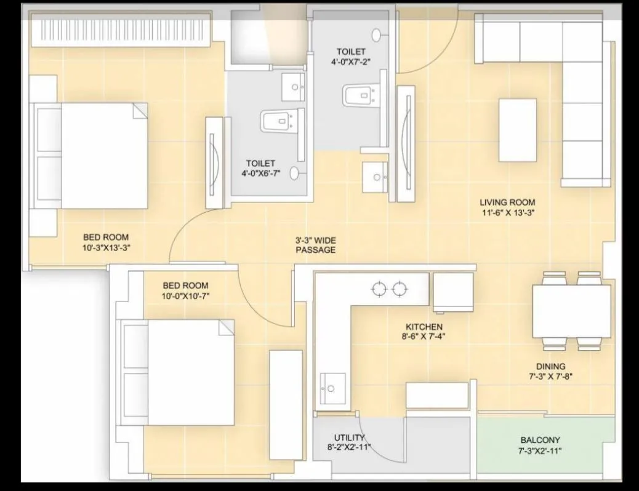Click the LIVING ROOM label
point(507,202)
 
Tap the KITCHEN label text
point(424,327)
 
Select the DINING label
point(550,367)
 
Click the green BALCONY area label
point(540,441)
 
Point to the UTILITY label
point(349,438)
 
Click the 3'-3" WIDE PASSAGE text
point(315,245)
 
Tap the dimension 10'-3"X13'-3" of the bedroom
point(106,247)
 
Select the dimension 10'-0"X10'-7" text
point(185,296)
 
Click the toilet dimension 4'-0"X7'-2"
point(351,62)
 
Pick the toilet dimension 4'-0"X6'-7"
point(260,174)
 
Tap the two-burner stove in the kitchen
point(390,287)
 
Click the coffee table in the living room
point(517,130)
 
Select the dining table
point(571,311)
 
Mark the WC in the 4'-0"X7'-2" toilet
point(358,95)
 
